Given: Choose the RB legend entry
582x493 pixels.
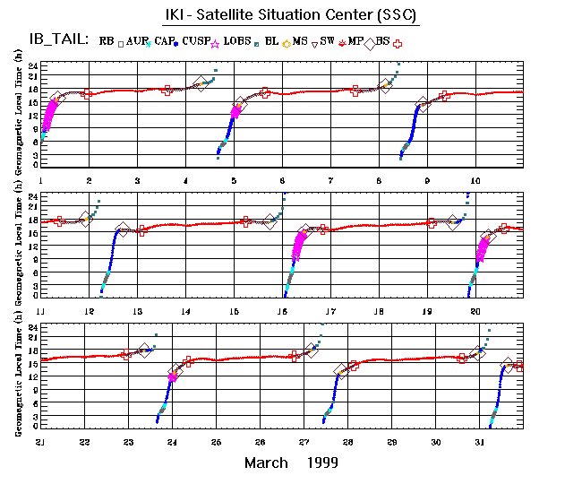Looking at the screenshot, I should [x=107, y=41].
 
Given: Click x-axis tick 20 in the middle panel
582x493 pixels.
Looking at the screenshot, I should [x=475, y=310].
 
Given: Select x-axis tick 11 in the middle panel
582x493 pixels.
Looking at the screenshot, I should [x=41, y=310].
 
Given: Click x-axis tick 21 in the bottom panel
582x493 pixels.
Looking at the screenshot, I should [x=41, y=442].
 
